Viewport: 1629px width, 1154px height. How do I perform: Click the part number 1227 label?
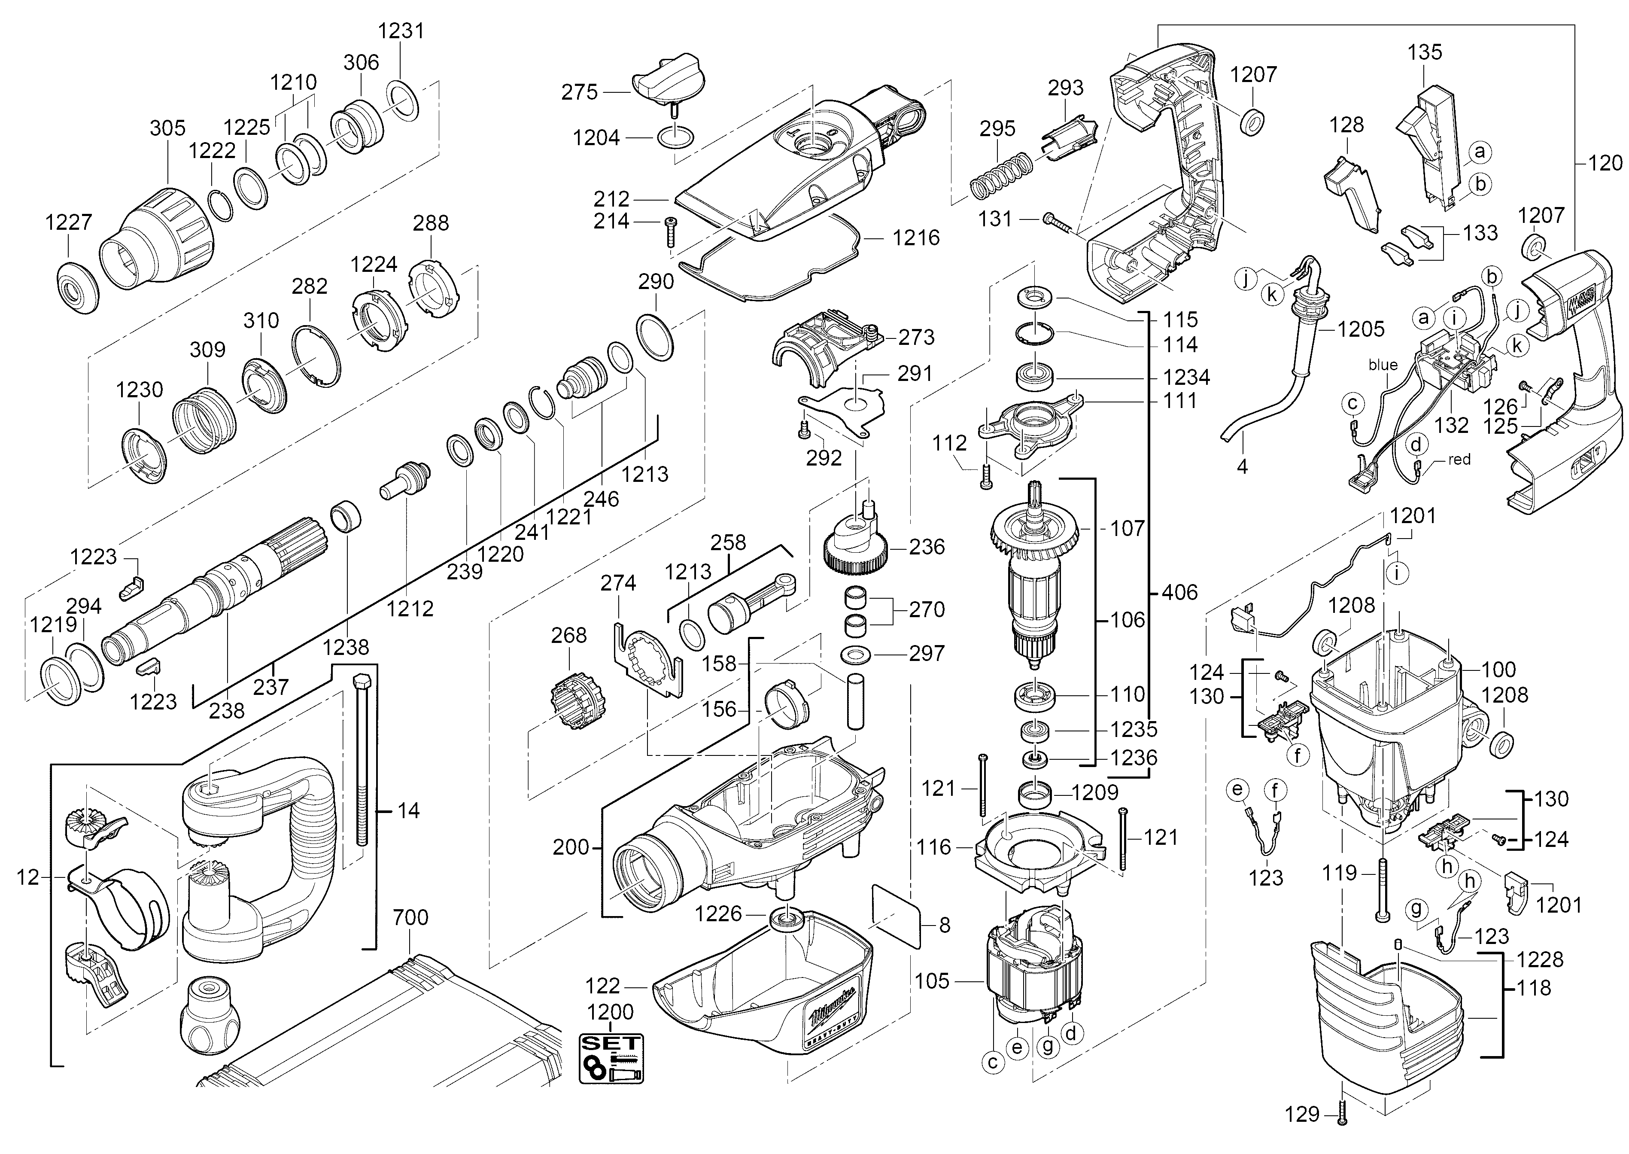pyautogui.click(x=69, y=222)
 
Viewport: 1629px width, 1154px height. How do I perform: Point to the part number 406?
pyautogui.click(x=1180, y=592)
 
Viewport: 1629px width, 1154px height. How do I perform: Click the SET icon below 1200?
pyautogui.click(x=611, y=1058)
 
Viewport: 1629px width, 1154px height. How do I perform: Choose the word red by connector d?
pyautogui.click(x=1459, y=460)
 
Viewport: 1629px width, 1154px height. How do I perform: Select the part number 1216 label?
pyautogui.click(x=916, y=238)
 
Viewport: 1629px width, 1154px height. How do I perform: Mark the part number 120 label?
pyautogui.click(x=1605, y=164)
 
